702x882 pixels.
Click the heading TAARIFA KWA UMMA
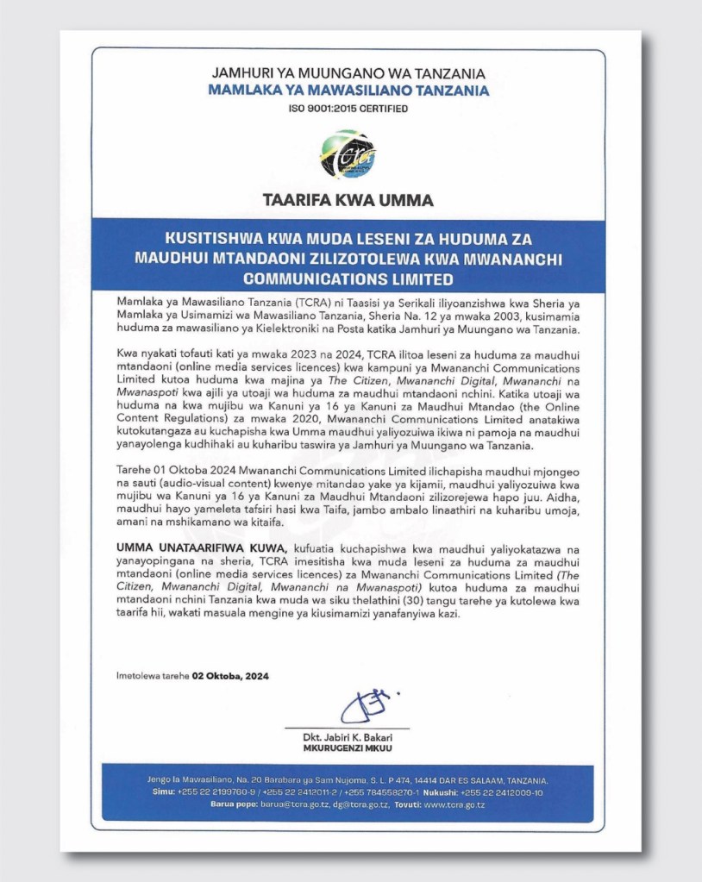coord(349,201)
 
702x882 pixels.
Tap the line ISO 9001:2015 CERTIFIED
coord(349,109)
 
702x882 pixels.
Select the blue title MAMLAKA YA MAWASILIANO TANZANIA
coord(349,91)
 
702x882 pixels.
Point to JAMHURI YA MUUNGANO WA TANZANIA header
coord(349,72)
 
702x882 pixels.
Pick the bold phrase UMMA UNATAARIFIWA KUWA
coord(182,547)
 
